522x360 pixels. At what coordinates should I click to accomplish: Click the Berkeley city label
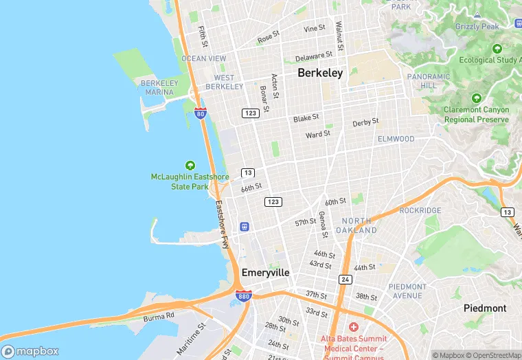[x=319, y=73]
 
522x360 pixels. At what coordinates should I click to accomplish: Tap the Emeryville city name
[x=265, y=273]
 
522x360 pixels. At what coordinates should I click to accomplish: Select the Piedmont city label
[x=484, y=308]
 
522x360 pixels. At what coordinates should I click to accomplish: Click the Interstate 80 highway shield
[x=200, y=113]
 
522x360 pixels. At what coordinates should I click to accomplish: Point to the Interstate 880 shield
[x=243, y=296]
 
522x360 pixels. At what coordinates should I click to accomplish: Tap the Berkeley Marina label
[x=159, y=87]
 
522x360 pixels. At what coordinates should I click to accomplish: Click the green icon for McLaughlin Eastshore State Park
[x=190, y=166]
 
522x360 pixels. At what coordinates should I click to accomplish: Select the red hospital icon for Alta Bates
[x=354, y=327]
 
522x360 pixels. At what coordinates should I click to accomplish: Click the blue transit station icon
[x=244, y=227]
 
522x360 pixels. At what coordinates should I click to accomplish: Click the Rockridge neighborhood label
[x=420, y=210]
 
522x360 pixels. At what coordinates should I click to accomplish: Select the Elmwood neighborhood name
[x=396, y=139]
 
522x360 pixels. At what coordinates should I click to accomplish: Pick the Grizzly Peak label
[x=477, y=27]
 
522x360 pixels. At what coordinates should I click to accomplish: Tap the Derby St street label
[x=365, y=122]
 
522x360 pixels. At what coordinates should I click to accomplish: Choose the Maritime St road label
[x=190, y=339]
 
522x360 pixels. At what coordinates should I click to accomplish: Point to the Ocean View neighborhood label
[x=203, y=59]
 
